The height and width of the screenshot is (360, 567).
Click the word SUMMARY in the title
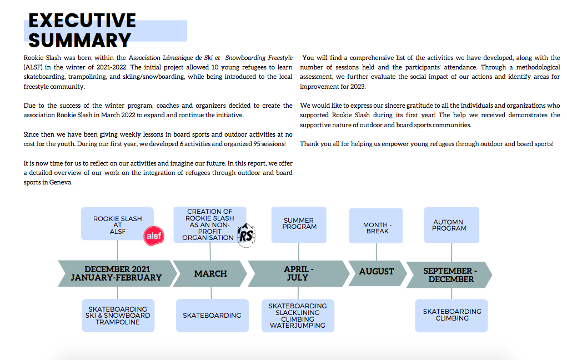point(79,40)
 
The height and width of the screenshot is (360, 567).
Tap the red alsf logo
point(154,237)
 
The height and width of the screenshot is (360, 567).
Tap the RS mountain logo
point(246,236)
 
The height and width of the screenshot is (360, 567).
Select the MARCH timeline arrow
point(210,273)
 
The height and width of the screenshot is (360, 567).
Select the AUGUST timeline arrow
point(376,272)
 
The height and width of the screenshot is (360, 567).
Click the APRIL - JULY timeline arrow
point(298,273)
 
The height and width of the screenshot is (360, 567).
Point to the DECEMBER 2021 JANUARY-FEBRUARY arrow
point(116,273)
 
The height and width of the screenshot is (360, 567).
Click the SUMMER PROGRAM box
point(299,224)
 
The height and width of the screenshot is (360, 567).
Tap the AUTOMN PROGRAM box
point(450,225)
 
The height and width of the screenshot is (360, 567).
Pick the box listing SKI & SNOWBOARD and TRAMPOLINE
point(118,316)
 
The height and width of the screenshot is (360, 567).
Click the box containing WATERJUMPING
point(298,316)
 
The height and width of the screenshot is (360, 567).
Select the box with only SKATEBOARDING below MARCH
point(212,315)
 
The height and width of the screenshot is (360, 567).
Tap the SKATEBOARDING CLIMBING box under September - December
point(451,315)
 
